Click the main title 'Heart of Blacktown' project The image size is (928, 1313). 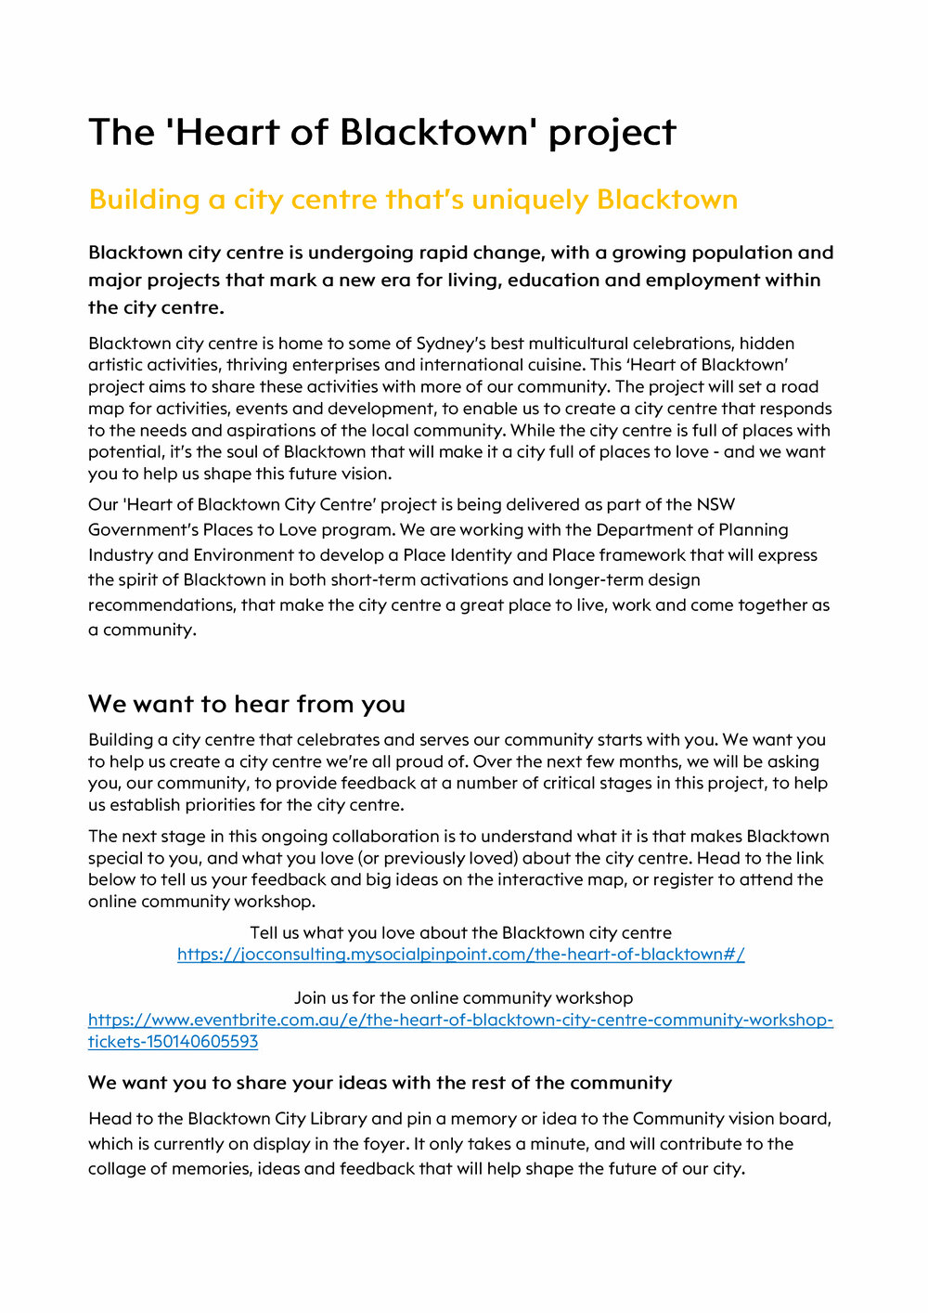(x=382, y=132)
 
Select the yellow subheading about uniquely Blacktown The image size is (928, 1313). (x=413, y=200)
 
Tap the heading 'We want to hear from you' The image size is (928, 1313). (x=247, y=704)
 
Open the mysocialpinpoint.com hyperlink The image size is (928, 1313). (x=460, y=955)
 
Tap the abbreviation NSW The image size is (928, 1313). (x=715, y=505)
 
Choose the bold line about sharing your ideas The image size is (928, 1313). (x=380, y=1083)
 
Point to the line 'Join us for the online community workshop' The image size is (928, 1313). (x=463, y=998)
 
